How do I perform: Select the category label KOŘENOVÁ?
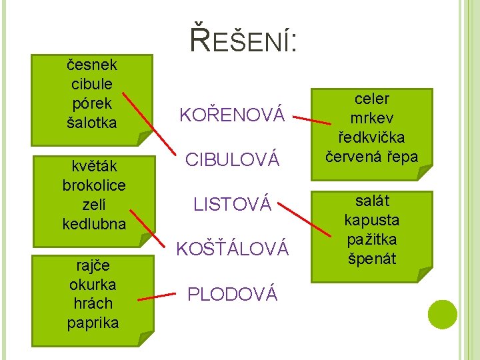click(232, 115)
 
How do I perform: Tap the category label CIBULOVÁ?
click(231, 160)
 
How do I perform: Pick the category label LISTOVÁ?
click(232, 205)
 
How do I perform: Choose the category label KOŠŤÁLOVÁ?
click(232, 249)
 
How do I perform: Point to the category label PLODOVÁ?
click(232, 293)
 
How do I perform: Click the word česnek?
click(92, 65)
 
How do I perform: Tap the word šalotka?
click(92, 123)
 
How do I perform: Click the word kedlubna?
click(94, 224)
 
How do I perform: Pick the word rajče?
click(93, 266)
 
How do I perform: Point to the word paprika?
click(93, 323)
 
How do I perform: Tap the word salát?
click(372, 201)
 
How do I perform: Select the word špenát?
click(372, 258)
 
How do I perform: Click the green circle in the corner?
click(443, 314)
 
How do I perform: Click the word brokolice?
click(94, 185)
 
